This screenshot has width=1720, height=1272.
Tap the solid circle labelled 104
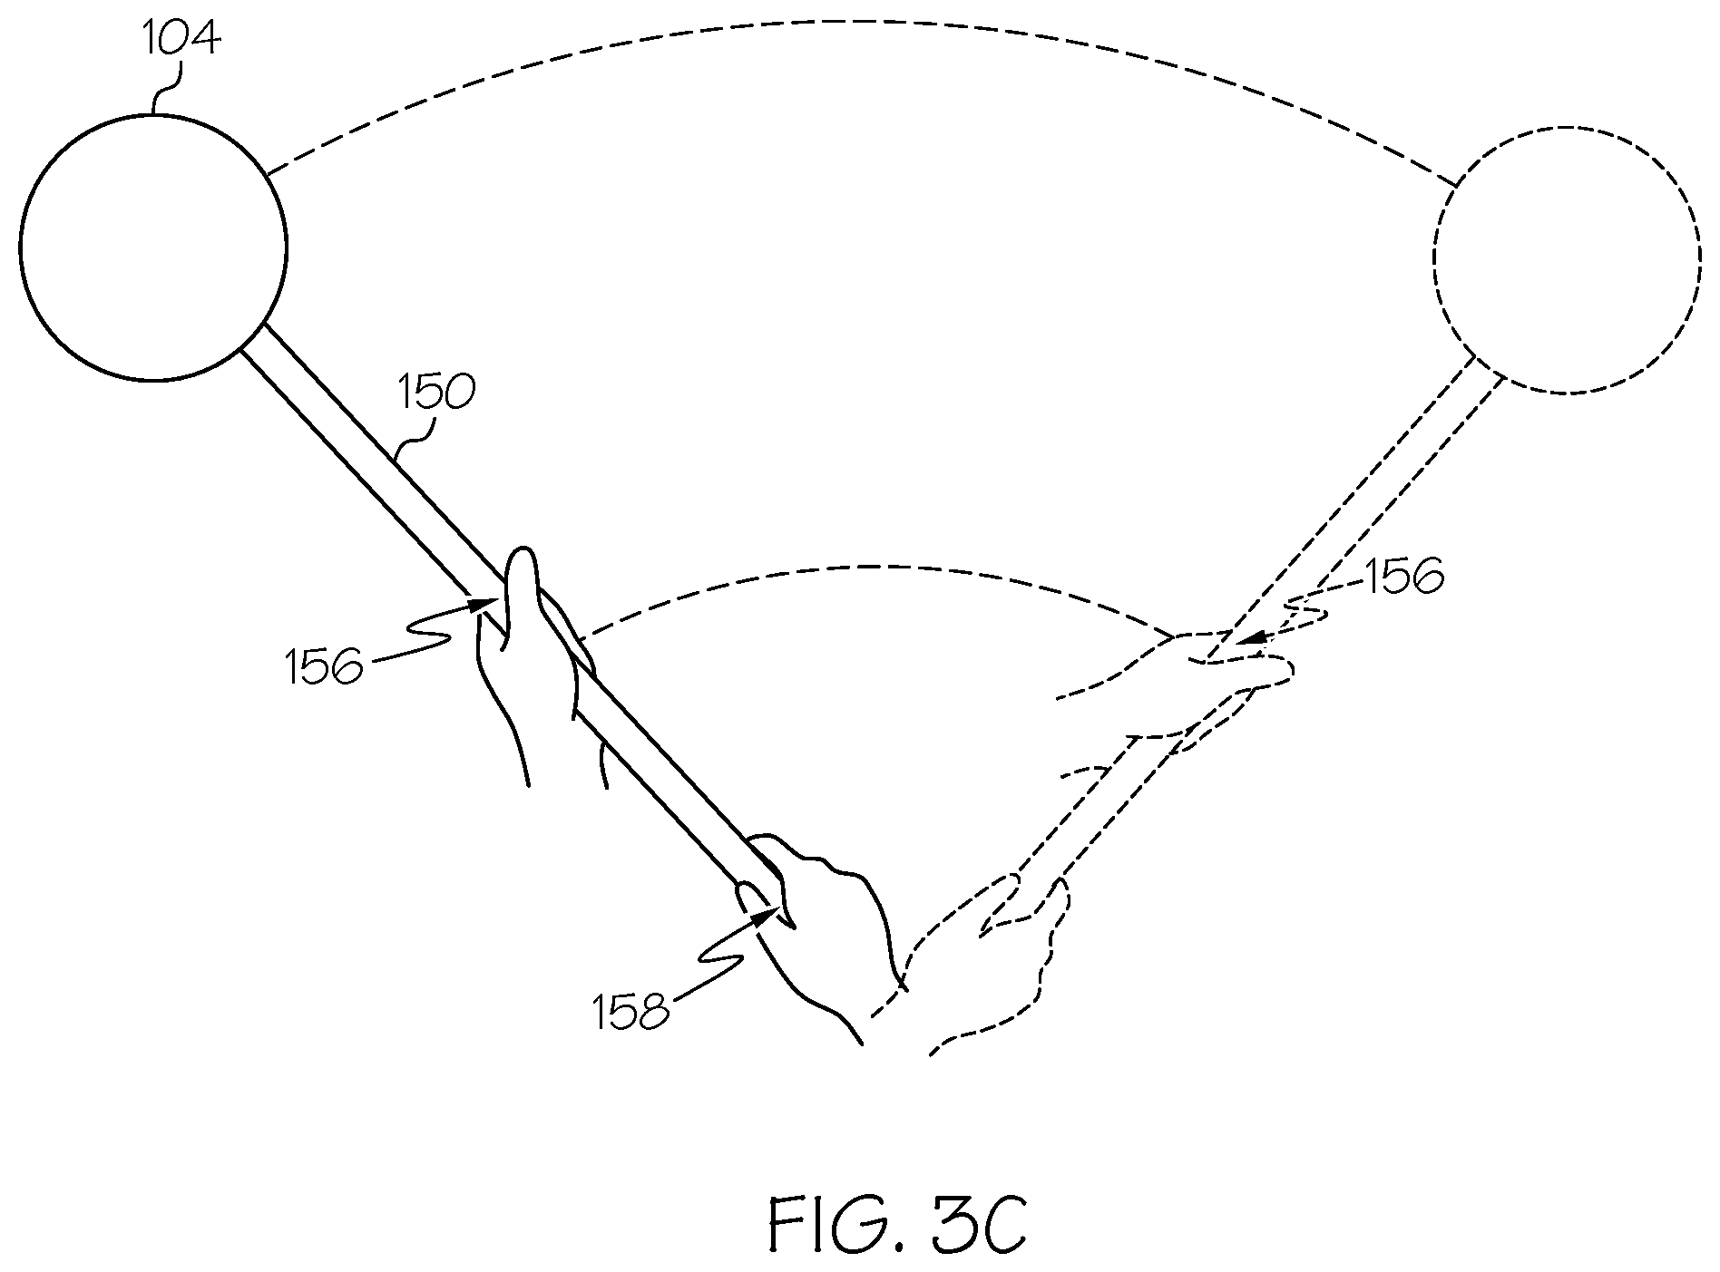tap(152, 247)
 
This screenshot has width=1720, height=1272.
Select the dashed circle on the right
tap(1567, 259)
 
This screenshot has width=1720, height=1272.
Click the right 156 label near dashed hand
tap(1402, 578)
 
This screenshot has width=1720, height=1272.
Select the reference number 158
tap(631, 1012)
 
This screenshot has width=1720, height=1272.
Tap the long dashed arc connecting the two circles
tap(862, 23)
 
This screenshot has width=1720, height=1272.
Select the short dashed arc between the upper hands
tap(871, 568)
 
